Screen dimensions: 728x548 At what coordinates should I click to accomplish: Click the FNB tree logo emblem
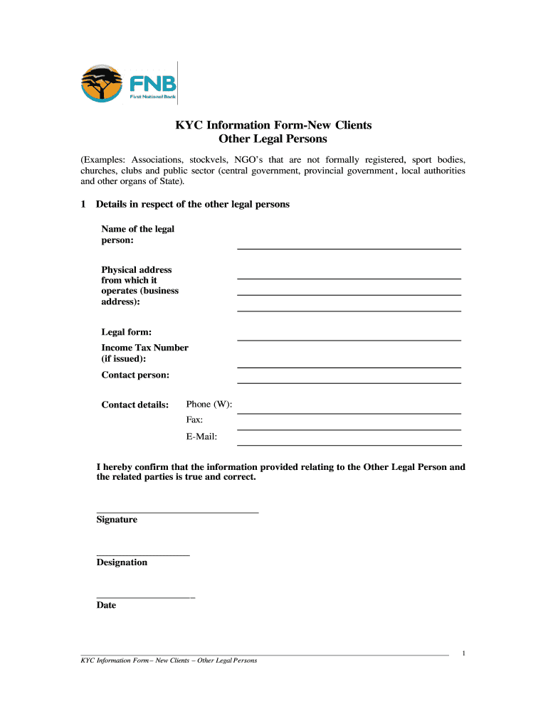click(x=102, y=82)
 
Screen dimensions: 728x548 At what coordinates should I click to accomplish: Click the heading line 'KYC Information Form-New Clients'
click(x=274, y=125)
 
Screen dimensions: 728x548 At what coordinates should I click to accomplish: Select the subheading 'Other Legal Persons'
click(x=273, y=139)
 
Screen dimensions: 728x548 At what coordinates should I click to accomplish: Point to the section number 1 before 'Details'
click(x=84, y=205)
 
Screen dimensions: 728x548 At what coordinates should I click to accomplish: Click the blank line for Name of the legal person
click(x=349, y=247)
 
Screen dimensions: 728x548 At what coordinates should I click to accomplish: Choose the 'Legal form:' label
click(x=126, y=333)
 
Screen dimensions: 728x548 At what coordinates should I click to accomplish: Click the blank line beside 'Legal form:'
click(x=349, y=339)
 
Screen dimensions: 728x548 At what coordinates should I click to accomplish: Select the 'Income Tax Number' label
click(x=144, y=348)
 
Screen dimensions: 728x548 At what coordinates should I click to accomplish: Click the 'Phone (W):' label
click(x=209, y=405)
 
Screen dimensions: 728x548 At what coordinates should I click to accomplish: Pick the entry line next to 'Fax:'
click(x=349, y=429)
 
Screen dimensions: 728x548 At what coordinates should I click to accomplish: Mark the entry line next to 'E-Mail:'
click(x=349, y=444)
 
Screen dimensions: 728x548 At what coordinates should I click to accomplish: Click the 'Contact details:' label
click(x=135, y=405)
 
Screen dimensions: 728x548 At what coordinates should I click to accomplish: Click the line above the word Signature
click(x=177, y=511)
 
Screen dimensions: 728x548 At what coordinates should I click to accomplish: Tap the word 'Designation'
click(x=122, y=562)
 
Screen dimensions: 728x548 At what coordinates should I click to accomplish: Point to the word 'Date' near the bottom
click(x=106, y=606)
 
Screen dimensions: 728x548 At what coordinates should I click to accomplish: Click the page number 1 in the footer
click(x=463, y=653)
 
